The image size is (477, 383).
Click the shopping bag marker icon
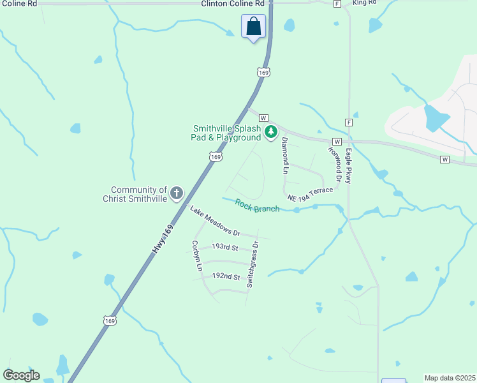tap(253, 27)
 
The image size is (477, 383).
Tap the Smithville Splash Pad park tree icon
tap(271, 132)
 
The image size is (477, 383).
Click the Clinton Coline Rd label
tap(232, 4)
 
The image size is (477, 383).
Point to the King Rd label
tap(364, 3)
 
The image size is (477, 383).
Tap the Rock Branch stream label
tap(257, 206)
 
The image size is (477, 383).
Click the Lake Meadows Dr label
tap(214, 222)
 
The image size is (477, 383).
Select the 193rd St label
tap(224, 247)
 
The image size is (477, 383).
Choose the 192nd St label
tap(226, 277)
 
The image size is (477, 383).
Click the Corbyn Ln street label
tap(196, 259)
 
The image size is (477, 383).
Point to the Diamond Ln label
tap(285, 155)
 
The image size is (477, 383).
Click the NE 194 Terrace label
tap(310, 195)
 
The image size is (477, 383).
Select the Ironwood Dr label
tap(334, 163)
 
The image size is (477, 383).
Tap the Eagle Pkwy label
tap(348, 166)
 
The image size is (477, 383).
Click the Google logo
tap(21, 375)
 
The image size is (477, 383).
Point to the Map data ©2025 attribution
tap(450, 378)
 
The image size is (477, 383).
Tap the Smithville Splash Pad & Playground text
tap(226, 132)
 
